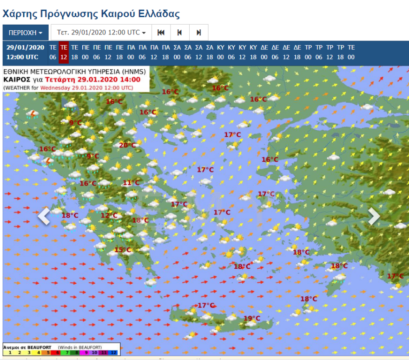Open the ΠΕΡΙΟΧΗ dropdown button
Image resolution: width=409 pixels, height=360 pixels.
tap(25, 33)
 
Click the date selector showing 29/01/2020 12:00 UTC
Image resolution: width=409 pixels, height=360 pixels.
tap(101, 33)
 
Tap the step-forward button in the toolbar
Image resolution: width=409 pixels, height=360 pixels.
tap(198, 33)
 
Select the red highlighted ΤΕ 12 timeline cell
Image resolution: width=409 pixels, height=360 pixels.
tap(64, 52)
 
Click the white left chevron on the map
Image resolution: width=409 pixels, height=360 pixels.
tap(44, 216)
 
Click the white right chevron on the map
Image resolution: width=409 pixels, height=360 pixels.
tap(374, 216)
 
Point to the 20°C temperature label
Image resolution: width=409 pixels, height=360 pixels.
tap(127, 145)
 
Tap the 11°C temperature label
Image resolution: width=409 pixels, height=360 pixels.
tap(131, 183)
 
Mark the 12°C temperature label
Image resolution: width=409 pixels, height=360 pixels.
tap(109, 215)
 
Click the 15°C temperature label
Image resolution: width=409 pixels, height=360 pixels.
tap(123, 250)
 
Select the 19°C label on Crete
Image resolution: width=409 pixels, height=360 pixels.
tap(252, 318)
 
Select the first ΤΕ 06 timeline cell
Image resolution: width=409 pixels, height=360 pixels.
tap(53, 52)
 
